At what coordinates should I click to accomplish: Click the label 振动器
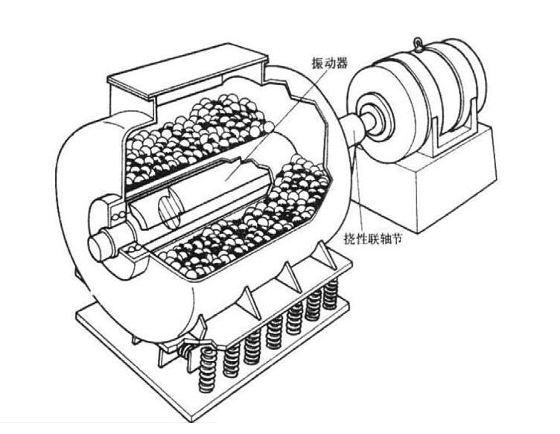[x=329, y=63]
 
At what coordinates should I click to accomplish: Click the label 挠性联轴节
[x=372, y=238]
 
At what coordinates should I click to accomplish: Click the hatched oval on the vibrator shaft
[x=169, y=212]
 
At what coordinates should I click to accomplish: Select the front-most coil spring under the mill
[x=207, y=369]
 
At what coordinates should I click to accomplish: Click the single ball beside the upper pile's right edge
[x=269, y=127]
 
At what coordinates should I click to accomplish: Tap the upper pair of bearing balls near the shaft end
[x=118, y=216]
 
